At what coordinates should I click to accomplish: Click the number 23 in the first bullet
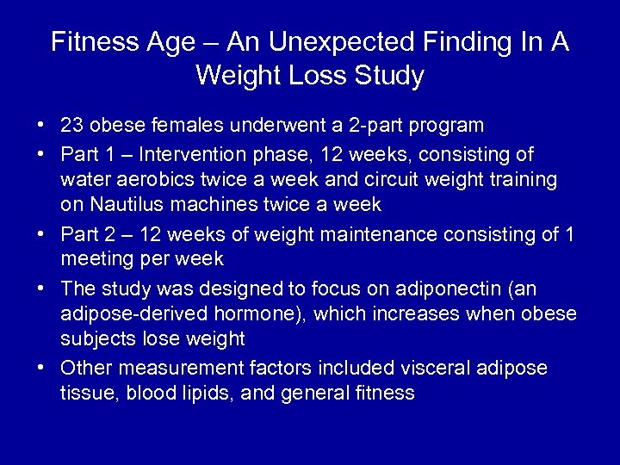pos(72,126)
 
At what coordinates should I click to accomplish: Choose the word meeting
pos(92,258)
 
